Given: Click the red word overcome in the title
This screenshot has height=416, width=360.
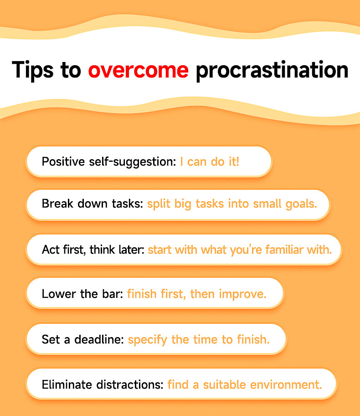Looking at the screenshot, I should click(x=138, y=70).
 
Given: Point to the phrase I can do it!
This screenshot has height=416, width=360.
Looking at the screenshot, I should click(x=209, y=162).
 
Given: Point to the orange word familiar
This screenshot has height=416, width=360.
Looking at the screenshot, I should click(x=276, y=250).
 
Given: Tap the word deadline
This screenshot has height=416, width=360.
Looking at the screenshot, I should click(x=96, y=340).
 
